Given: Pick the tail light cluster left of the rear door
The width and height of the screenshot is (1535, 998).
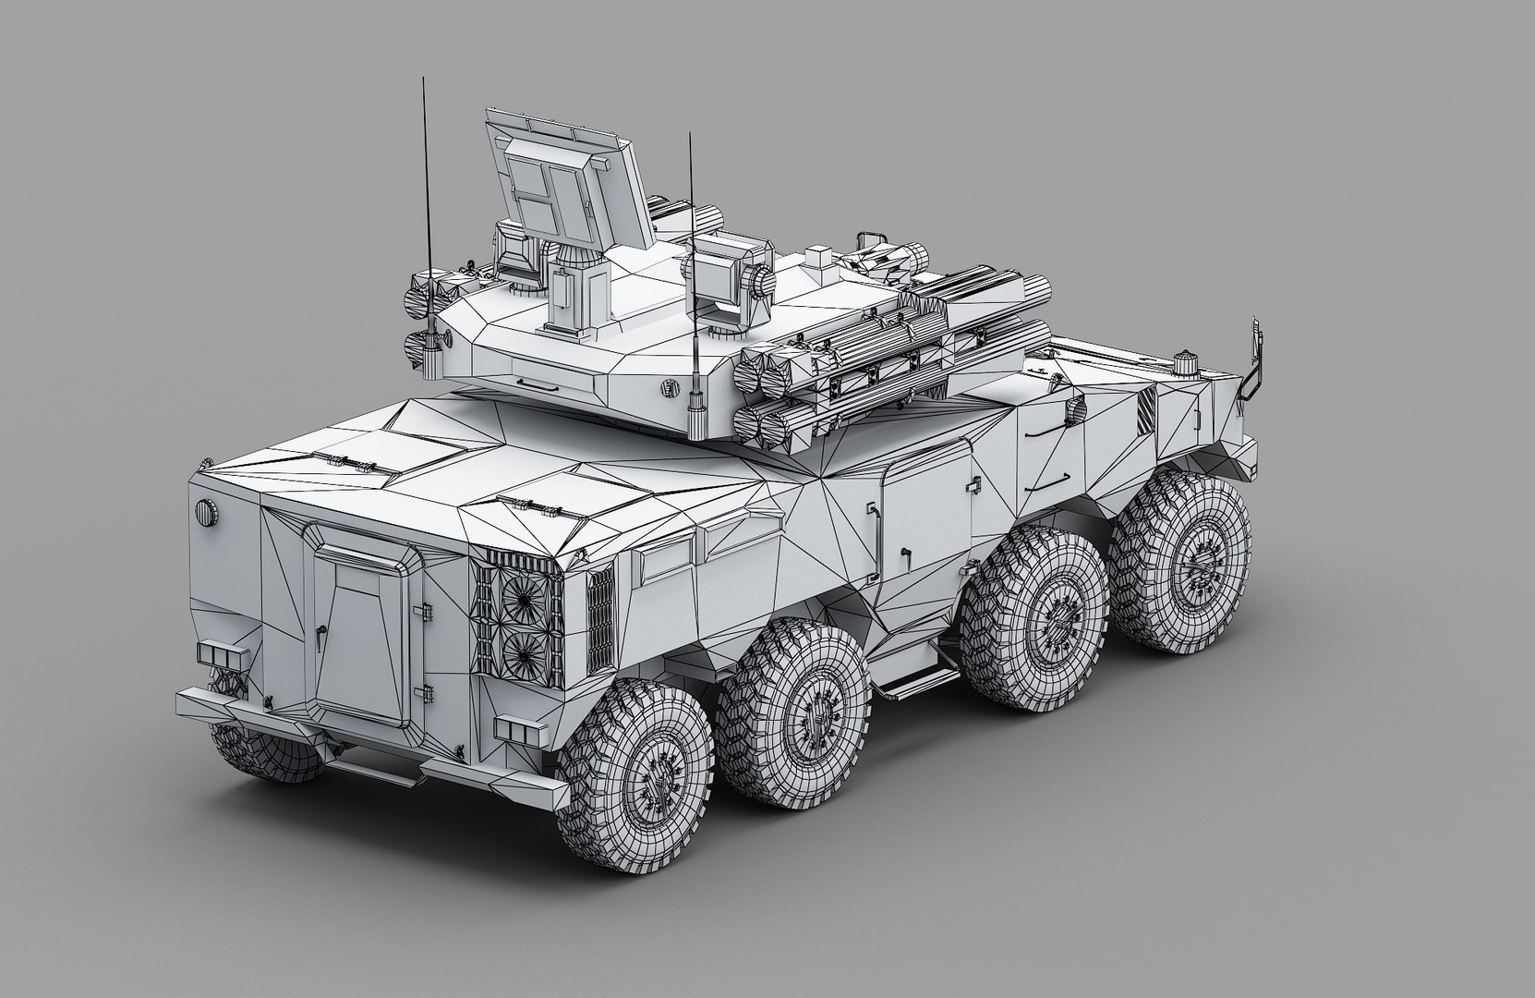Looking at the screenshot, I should (223, 655).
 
